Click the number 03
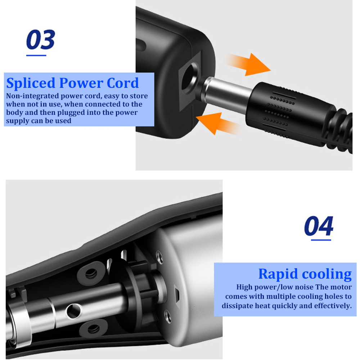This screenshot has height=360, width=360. (41, 40)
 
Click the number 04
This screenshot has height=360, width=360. (319, 226)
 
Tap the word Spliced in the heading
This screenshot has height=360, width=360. (31, 83)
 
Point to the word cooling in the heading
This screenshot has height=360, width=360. (327, 274)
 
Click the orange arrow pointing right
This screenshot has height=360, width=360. (248, 64)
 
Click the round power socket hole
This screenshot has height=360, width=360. (190, 78)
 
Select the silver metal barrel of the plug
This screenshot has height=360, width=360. (227, 94)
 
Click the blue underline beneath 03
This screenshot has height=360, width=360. (36, 55)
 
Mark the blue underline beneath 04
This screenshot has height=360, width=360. (321, 240)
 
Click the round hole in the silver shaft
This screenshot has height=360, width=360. (74, 311)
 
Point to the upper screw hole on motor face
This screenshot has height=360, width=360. (159, 257)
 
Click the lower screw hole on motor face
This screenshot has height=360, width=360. (168, 316)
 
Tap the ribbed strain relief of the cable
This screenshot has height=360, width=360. (341, 131)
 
